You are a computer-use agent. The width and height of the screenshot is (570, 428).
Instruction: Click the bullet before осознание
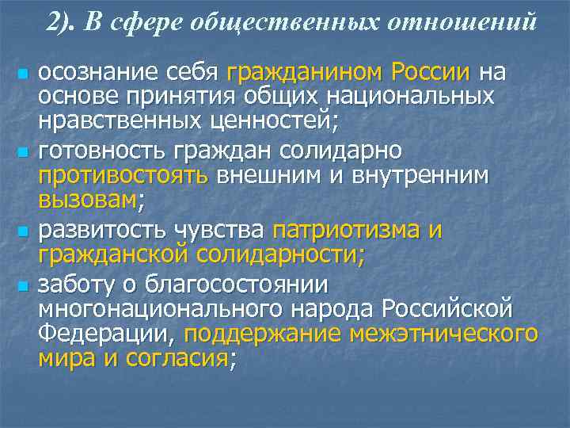tap(22, 75)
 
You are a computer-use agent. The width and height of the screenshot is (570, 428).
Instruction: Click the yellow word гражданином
tap(305, 73)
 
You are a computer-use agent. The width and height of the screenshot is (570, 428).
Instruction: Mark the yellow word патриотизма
tap(343, 230)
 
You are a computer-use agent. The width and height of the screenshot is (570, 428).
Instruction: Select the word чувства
tap(221, 230)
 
